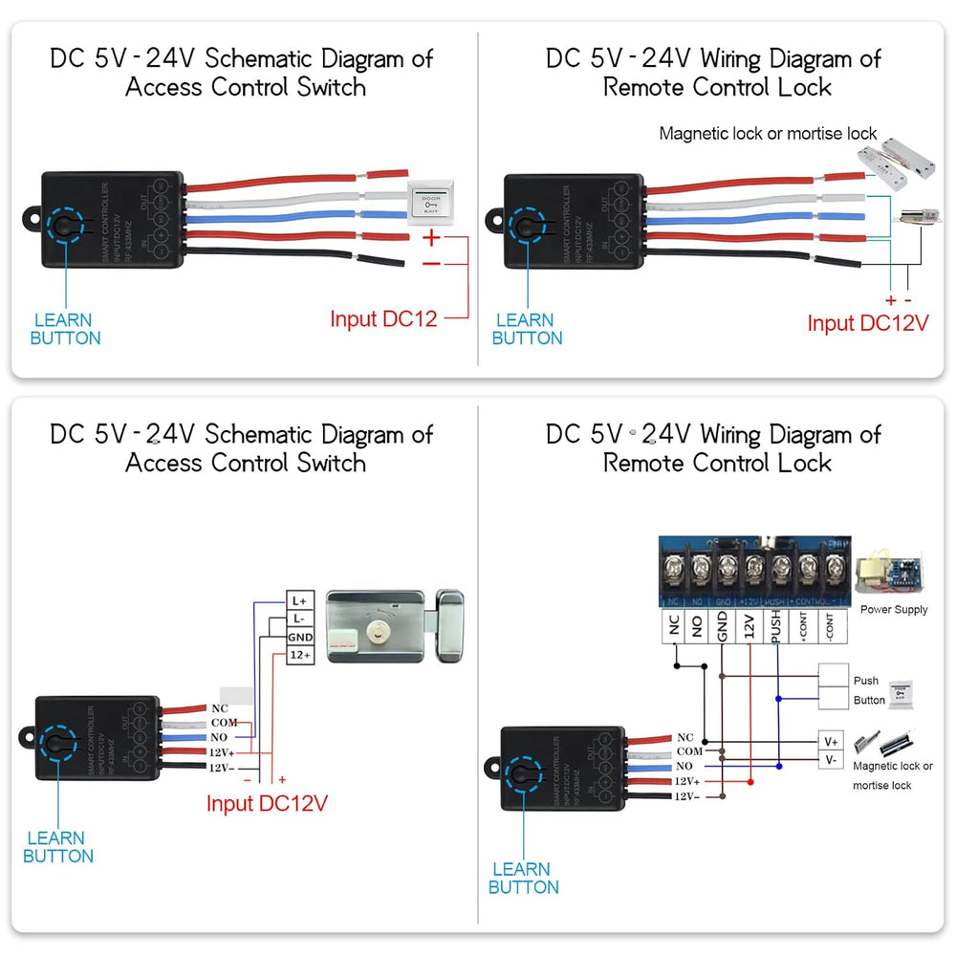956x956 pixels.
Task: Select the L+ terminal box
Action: (x=299, y=600)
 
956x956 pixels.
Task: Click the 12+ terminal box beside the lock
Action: (x=299, y=655)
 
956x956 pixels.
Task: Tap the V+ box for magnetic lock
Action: (x=830, y=741)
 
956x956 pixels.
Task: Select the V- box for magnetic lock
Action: (x=830, y=760)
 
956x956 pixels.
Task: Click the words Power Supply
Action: (x=893, y=610)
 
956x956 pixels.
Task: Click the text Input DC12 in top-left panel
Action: (x=383, y=319)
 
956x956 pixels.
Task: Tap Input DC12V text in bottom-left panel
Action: (x=267, y=803)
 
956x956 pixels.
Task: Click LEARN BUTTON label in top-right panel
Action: (x=527, y=329)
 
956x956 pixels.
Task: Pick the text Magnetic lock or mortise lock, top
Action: (x=768, y=134)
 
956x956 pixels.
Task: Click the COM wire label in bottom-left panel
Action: (x=224, y=724)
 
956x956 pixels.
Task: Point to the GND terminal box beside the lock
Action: (x=299, y=637)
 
